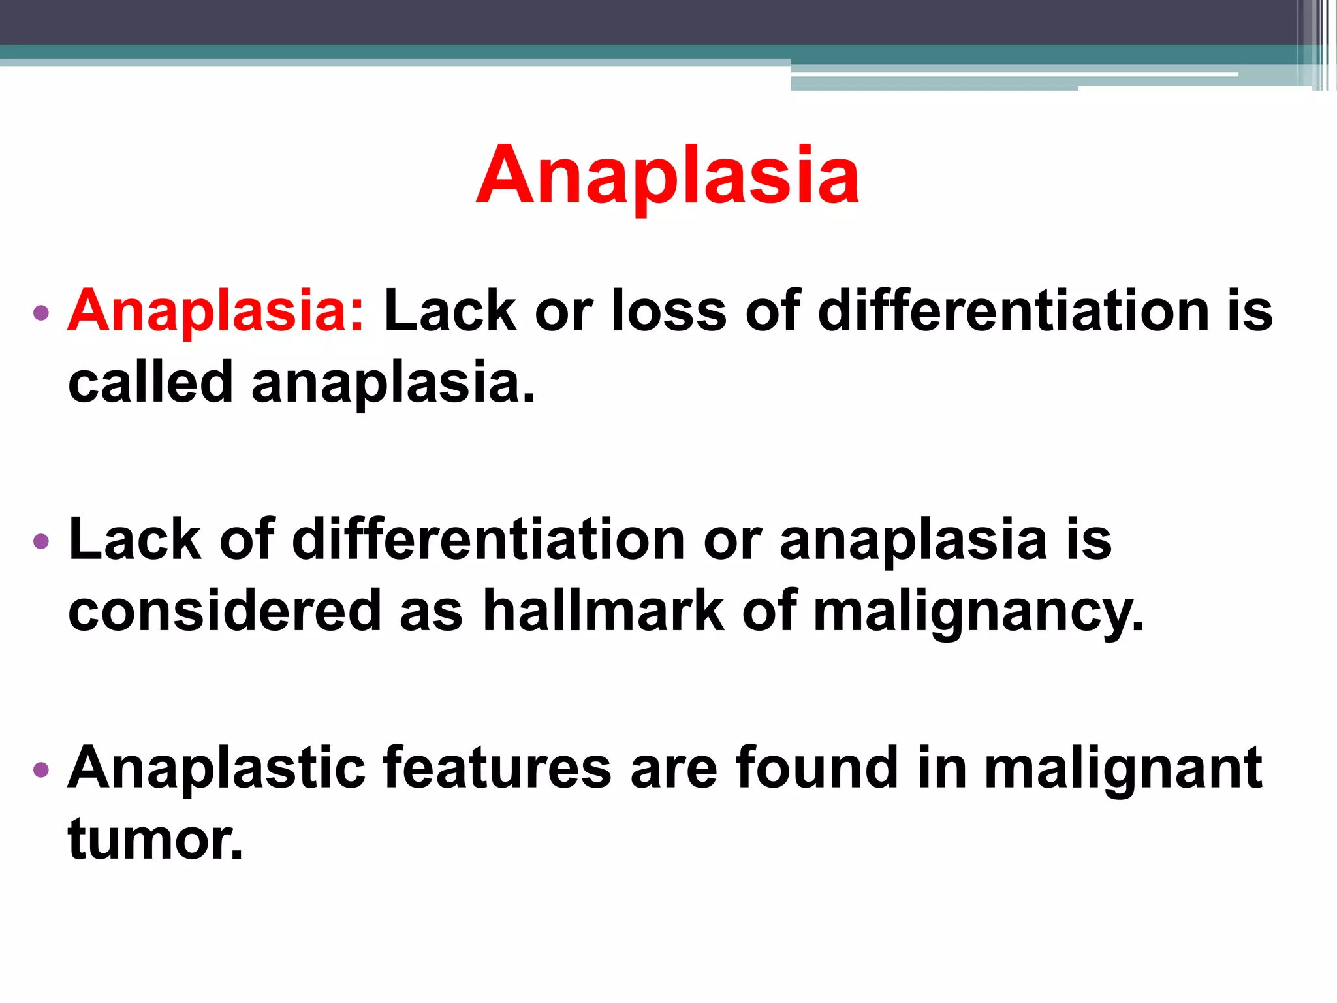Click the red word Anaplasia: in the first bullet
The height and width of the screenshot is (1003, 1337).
[216, 311]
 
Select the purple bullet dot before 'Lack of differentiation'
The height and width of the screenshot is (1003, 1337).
[40, 541]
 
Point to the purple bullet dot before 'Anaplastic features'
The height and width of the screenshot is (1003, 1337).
[40, 769]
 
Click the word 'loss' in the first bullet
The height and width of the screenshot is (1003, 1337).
[668, 311]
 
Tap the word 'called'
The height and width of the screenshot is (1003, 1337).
[150, 383]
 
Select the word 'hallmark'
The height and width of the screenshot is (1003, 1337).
[603, 611]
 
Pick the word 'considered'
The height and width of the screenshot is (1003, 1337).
[225, 611]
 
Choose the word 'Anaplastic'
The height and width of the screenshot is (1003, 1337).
[216, 769]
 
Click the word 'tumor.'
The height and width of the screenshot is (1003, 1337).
[155, 840]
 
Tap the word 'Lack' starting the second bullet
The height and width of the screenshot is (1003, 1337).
[134, 540]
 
